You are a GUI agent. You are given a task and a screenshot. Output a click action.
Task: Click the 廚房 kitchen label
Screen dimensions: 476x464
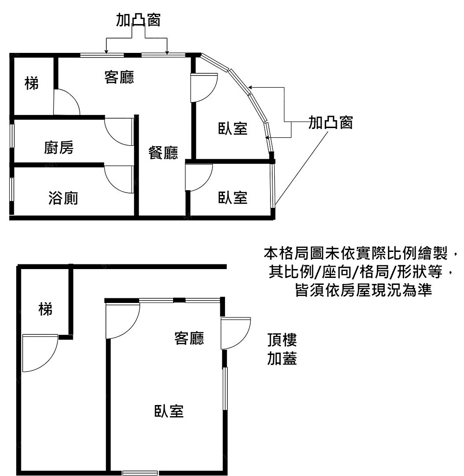(x=59, y=148)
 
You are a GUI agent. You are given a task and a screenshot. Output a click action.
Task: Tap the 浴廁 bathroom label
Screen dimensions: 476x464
(x=63, y=199)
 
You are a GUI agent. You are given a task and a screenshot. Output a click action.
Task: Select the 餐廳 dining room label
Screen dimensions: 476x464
(x=163, y=153)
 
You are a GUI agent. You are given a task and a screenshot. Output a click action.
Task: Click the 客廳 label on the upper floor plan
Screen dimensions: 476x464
(x=119, y=77)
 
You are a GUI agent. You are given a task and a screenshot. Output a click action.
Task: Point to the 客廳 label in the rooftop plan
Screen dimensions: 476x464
(x=189, y=338)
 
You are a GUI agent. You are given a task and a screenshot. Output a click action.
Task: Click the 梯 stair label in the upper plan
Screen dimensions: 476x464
(x=32, y=84)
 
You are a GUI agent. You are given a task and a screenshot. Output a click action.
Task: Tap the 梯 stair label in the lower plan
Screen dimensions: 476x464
(x=45, y=309)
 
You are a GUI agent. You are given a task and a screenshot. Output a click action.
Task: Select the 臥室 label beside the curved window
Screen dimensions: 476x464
(x=233, y=129)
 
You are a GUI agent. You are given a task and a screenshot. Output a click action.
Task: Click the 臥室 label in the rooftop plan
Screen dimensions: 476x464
(x=169, y=411)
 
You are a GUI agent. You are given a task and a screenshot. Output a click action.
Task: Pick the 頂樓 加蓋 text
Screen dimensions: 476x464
(x=282, y=349)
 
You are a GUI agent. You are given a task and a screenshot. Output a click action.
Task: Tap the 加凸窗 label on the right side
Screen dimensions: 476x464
(x=331, y=123)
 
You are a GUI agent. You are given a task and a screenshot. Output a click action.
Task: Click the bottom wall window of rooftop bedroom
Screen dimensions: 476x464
(x=140, y=473)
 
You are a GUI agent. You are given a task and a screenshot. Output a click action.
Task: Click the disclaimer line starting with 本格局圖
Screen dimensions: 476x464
(x=361, y=254)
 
